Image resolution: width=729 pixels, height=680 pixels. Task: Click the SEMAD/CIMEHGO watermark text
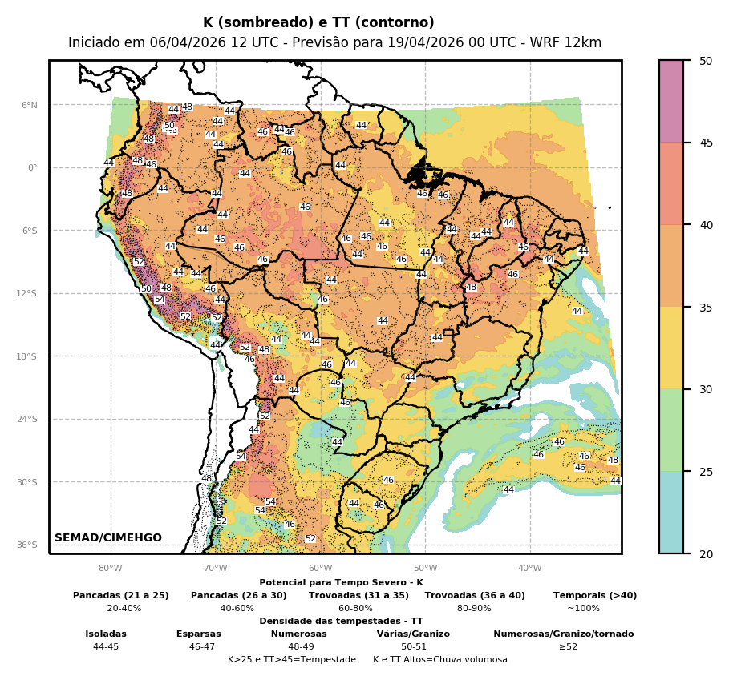pos(108,537)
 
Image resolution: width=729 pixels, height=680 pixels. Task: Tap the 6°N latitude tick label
pos(30,105)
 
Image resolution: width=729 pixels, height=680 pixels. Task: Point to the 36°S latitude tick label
pos(28,545)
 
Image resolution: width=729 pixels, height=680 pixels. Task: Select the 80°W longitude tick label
pos(111,569)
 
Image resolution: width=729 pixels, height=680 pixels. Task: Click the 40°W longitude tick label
pos(529,569)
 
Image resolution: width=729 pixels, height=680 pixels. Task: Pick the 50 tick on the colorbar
pos(706,61)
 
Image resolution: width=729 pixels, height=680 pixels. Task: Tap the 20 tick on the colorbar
pos(706,553)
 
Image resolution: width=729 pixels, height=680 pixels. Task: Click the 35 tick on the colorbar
pos(706,307)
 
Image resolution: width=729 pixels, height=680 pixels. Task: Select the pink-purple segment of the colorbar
pos(671,101)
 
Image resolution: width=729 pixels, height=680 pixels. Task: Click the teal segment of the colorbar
pos(671,513)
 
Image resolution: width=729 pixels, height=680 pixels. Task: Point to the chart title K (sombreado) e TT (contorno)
pos(318,23)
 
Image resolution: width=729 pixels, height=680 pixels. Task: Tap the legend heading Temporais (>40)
pos(595,595)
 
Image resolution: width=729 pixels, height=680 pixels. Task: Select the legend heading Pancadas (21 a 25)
pos(121,595)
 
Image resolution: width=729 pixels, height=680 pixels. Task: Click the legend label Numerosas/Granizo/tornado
pos(563,634)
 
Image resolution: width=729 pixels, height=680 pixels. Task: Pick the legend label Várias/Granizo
pos(413,634)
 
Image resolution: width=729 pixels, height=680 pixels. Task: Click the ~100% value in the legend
pos(583,608)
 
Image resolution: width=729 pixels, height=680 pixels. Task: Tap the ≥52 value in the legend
pos(568,646)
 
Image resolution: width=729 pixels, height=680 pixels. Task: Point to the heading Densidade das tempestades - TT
pos(341,621)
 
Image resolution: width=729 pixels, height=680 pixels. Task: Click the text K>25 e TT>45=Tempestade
pos(292,659)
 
